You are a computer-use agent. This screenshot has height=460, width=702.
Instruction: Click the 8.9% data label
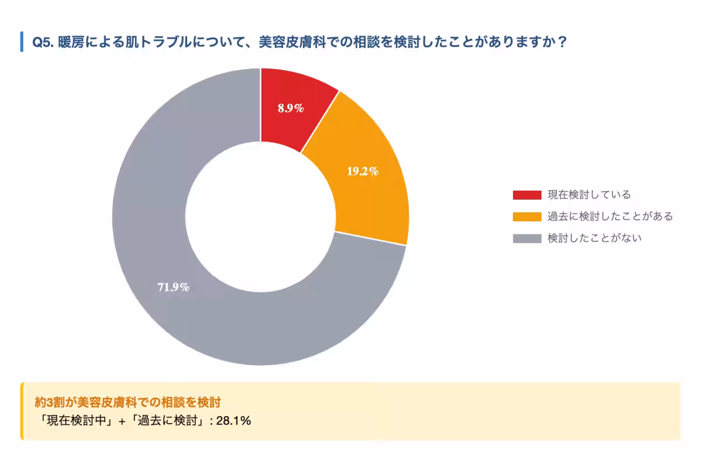(x=291, y=108)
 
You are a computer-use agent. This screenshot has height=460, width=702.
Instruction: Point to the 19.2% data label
(x=363, y=171)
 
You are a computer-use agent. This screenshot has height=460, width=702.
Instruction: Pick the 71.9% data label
(x=173, y=287)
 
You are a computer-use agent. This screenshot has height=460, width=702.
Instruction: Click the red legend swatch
(x=526, y=195)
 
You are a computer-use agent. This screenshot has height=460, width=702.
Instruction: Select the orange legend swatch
(x=526, y=217)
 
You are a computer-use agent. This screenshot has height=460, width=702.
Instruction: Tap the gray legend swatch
(x=526, y=238)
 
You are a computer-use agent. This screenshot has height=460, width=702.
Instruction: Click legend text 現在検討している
(x=589, y=195)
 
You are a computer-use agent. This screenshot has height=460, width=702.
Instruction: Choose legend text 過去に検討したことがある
(x=610, y=217)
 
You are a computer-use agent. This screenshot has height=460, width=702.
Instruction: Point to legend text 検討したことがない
(x=594, y=238)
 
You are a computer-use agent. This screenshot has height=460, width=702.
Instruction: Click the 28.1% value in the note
(x=233, y=420)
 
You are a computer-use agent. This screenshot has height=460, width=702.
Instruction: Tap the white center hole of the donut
(x=261, y=217)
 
